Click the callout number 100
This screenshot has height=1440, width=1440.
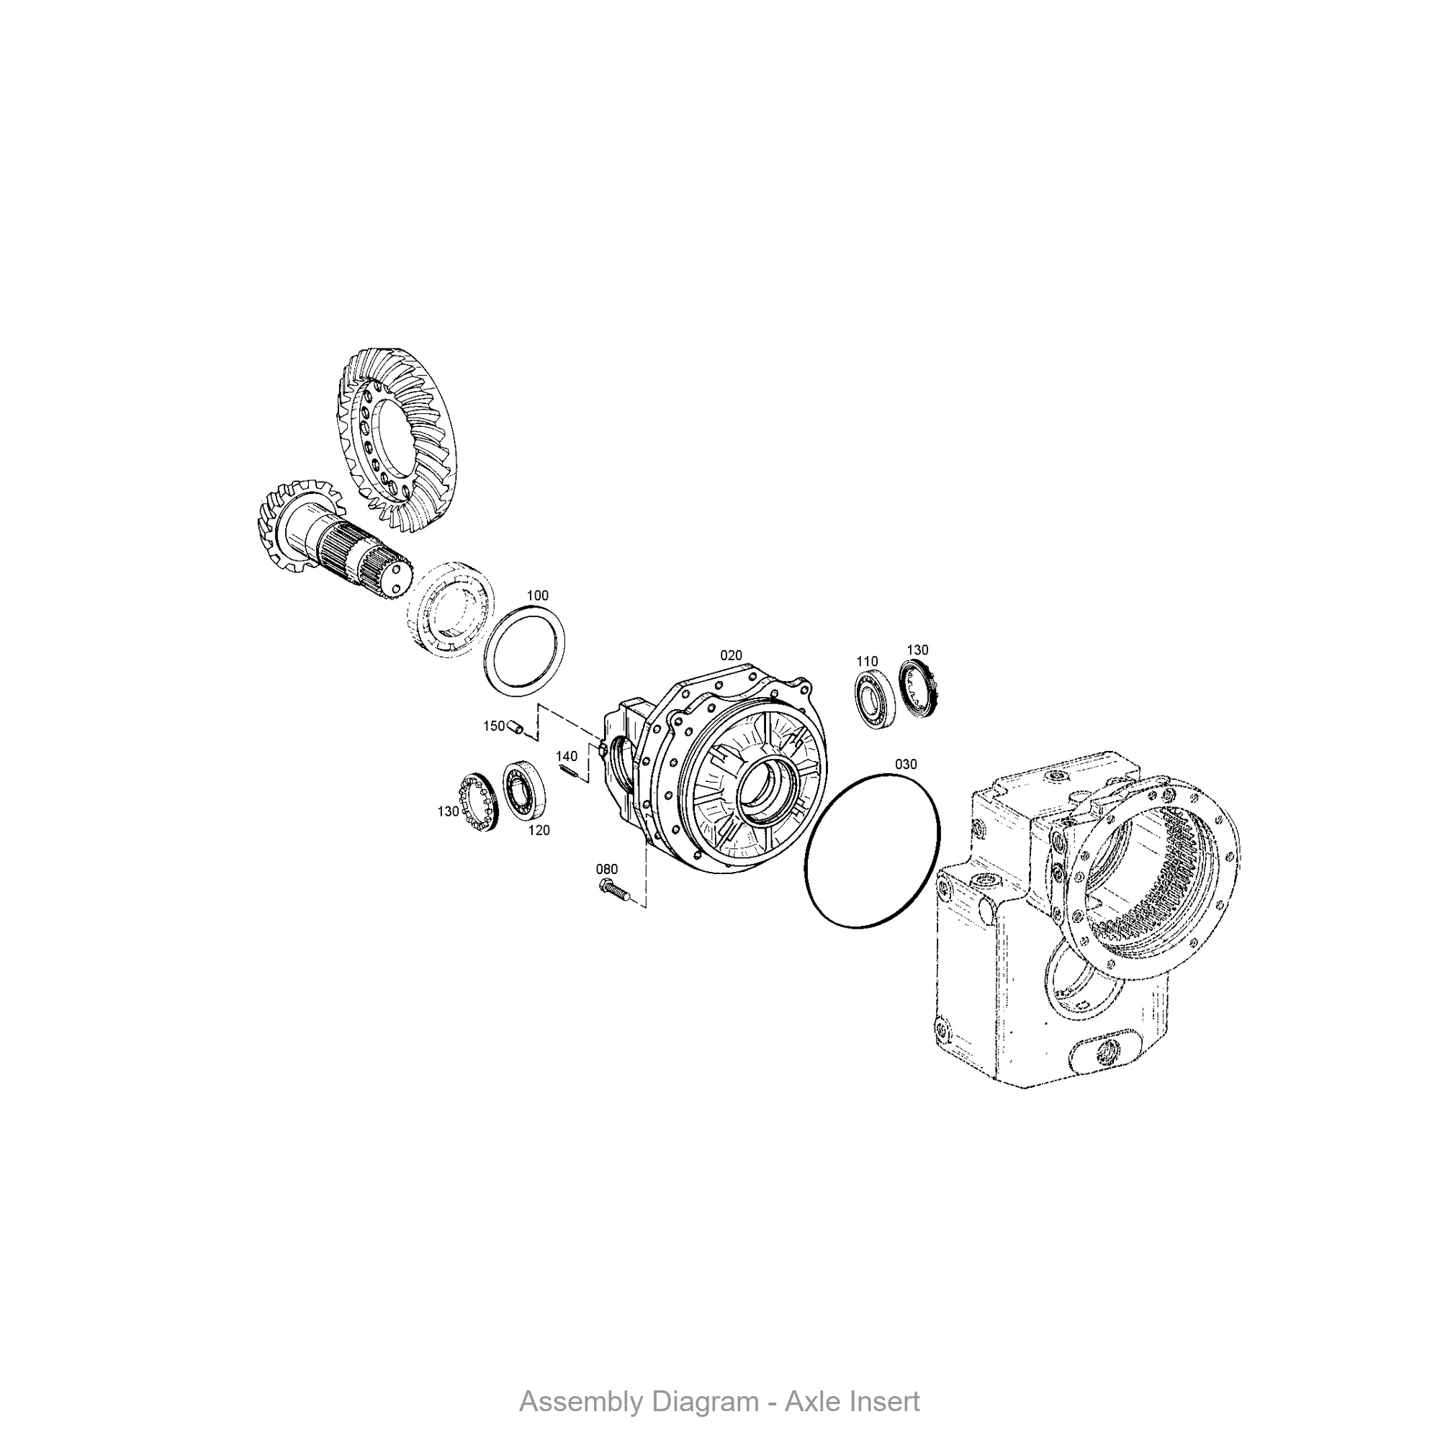point(537,595)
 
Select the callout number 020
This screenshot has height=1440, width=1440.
point(732,655)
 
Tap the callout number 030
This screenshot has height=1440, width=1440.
point(906,764)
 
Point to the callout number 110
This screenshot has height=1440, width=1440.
point(867,661)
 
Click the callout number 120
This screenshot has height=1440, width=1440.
point(539,830)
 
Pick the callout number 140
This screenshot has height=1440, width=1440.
point(567,757)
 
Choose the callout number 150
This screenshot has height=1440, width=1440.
point(493,726)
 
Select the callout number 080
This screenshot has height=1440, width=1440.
point(607,869)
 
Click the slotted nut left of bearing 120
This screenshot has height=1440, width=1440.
point(474,802)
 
